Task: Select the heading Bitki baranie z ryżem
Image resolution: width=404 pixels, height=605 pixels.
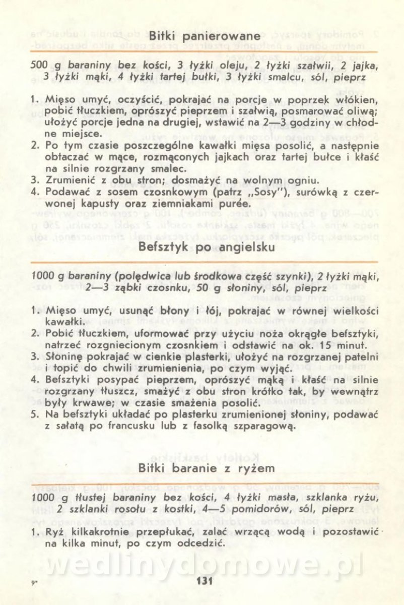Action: [x=207, y=468]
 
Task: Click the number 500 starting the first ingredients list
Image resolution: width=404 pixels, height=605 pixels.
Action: [x=40, y=66]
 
